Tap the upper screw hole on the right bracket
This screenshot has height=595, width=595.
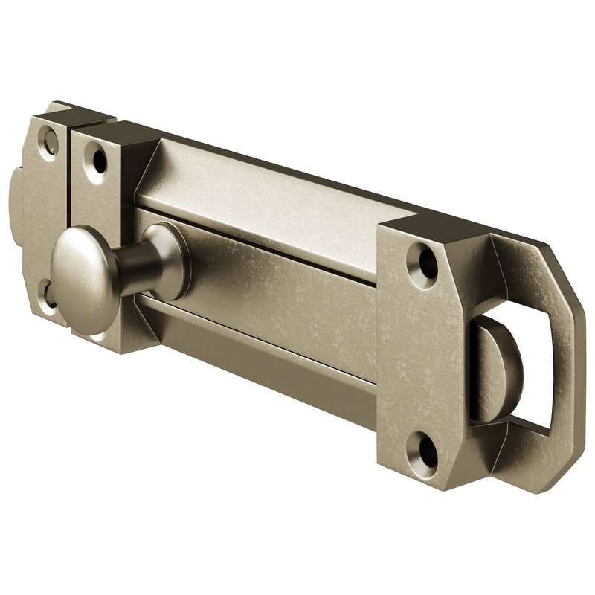coord(428,261)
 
